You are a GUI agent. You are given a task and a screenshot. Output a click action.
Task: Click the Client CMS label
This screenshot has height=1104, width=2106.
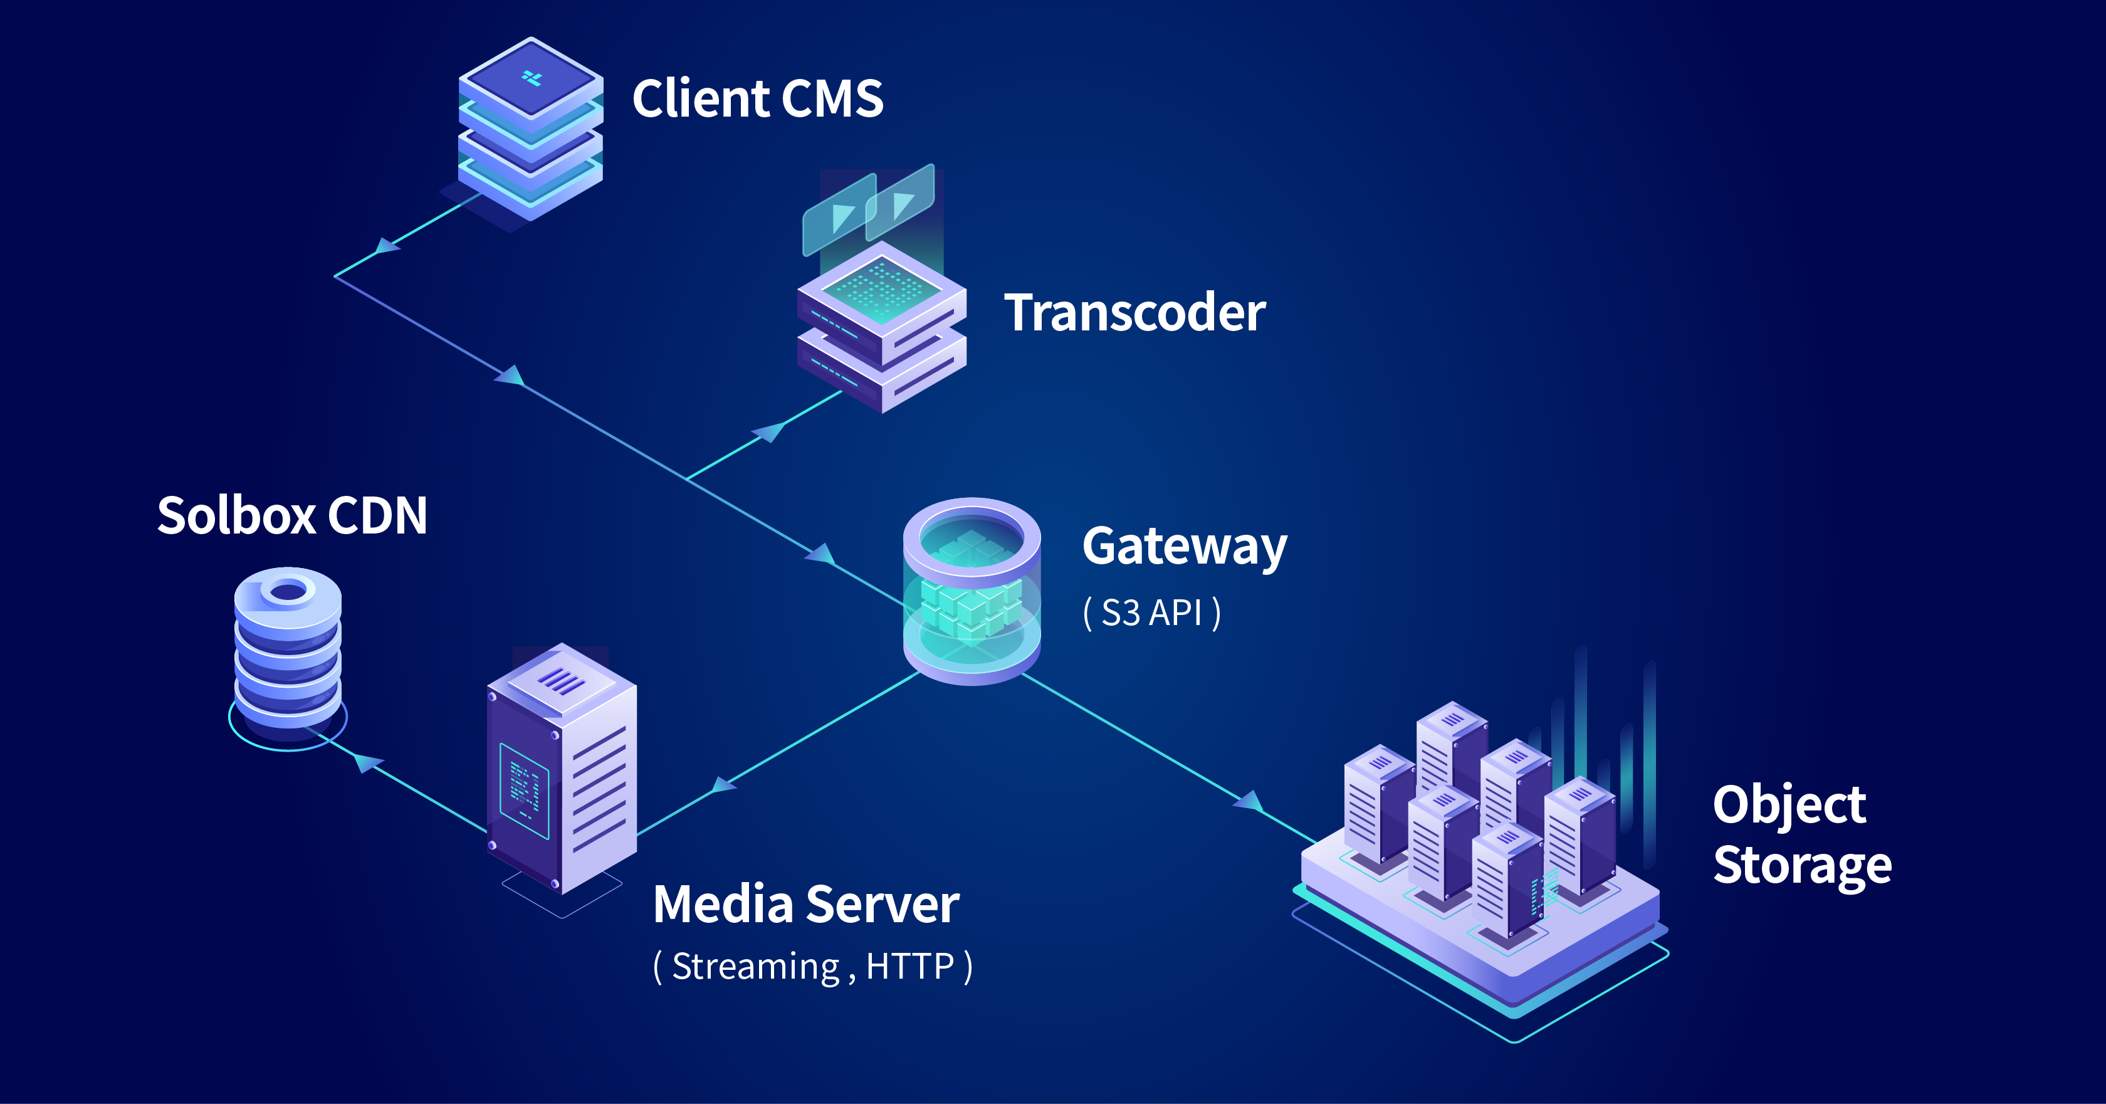(757, 99)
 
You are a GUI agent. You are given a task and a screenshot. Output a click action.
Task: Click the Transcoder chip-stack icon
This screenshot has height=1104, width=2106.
(881, 327)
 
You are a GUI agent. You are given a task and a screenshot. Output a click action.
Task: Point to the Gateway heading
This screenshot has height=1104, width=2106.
(1184, 546)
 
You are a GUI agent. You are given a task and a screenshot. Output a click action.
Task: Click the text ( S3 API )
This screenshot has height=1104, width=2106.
(1151, 612)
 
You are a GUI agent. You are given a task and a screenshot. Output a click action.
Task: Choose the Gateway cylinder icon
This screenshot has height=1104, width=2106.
(972, 591)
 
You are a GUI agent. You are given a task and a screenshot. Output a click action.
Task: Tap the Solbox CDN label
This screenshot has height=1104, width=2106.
(292, 515)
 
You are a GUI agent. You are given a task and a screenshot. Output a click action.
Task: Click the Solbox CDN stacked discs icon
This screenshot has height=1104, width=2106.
(288, 650)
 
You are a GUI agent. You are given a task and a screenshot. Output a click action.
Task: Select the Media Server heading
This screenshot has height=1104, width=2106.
(806, 905)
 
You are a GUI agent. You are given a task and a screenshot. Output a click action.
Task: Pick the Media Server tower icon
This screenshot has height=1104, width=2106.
(562, 769)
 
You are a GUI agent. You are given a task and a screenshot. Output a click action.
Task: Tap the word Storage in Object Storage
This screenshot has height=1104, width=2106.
(1802, 865)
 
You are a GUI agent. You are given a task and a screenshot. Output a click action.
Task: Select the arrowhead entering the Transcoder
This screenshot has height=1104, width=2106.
(768, 431)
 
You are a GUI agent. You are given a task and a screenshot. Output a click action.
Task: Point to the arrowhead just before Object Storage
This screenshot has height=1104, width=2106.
(1249, 801)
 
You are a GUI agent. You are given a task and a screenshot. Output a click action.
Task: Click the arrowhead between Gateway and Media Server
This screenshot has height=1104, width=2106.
(723, 785)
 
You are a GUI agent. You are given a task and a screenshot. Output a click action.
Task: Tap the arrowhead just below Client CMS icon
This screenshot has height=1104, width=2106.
(386, 245)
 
